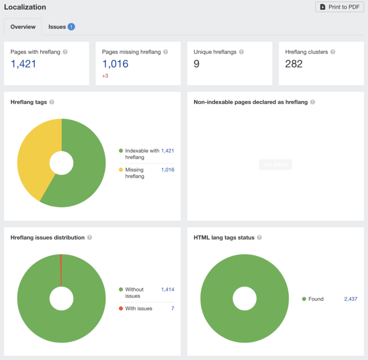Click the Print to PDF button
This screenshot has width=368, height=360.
[x=339, y=7]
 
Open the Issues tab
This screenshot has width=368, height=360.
[x=57, y=27]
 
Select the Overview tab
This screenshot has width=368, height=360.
[x=23, y=27]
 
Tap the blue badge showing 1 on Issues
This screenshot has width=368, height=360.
[x=71, y=27]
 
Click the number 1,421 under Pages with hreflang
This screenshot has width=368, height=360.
[x=23, y=64]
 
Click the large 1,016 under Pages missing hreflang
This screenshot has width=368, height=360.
[x=115, y=64]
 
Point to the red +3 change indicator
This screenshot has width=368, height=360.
[x=105, y=76]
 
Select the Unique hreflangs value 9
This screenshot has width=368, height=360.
[x=196, y=64]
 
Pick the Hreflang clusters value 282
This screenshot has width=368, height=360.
[x=294, y=64]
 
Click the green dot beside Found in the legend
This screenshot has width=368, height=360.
[x=304, y=299]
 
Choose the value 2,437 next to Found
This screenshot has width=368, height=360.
[x=350, y=299]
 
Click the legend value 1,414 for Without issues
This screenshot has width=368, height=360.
[x=168, y=290]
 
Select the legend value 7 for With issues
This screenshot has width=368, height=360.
[x=172, y=308]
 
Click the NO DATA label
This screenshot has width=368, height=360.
[x=276, y=164]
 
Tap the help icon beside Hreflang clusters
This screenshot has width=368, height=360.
[x=333, y=52]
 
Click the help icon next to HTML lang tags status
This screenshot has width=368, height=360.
[x=259, y=238]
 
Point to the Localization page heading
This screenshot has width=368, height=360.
[x=25, y=7]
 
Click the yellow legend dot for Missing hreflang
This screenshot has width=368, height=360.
[x=121, y=170]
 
